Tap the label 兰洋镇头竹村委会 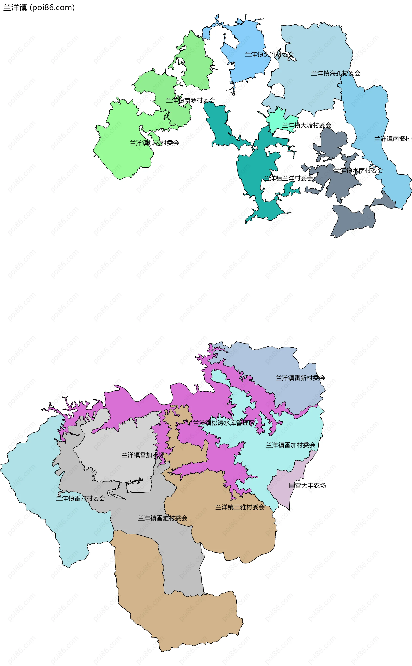tap(269, 54)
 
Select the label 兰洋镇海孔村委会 tap(336, 73)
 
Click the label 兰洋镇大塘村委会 tap(307, 125)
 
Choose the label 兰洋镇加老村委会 tap(154, 143)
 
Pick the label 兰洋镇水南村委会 tap(358, 171)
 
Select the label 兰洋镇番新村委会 tap(300, 378)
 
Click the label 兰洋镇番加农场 tap(143, 455)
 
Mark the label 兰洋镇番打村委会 tap(80, 498)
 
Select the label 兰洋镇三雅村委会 tap(240, 507)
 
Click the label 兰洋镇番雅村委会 tap(162, 518)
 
